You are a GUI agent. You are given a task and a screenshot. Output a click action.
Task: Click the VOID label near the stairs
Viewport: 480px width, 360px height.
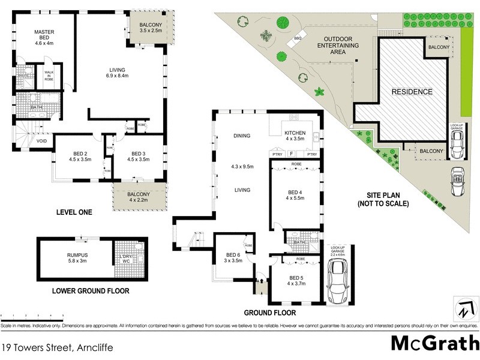point(41,142)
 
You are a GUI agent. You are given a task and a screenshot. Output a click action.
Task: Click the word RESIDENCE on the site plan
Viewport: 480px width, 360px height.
point(412,92)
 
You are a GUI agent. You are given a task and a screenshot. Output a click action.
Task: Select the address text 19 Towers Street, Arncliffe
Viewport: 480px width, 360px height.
point(57,347)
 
